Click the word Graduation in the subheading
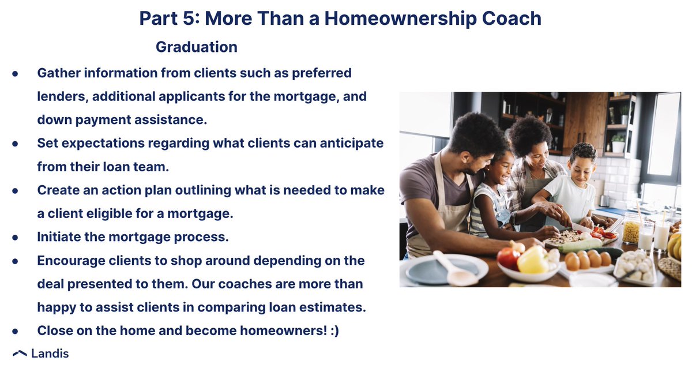(x=196, y=47)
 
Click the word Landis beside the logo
(x=51, y=354)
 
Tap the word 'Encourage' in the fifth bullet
(x=72, y=260)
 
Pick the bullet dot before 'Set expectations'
(x=15, y=142)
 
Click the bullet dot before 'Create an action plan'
(x=15, y=190)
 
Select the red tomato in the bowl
(x=508, y=258)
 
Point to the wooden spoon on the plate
(x=453, y=268)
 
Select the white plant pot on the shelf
(x=618, y=146)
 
